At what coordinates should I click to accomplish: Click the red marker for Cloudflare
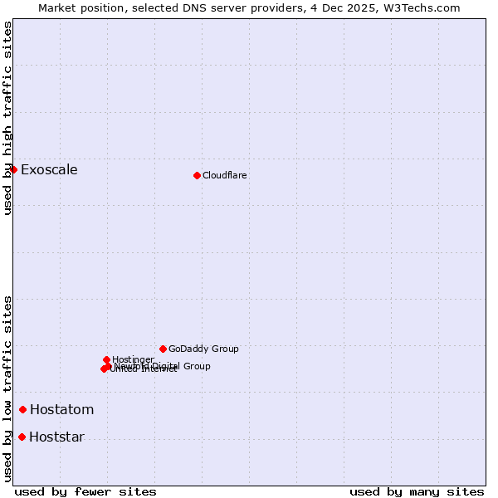tap(197, 175)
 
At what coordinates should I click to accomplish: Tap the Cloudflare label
tap(225, 175)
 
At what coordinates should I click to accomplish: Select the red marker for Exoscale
tap(13, 169)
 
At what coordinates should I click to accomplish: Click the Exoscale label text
tap(49, 170)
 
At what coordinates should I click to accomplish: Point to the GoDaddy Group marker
tap(163, 349)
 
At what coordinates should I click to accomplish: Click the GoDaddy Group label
tap(203, 349)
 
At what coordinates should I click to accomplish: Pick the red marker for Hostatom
tap(23, 409)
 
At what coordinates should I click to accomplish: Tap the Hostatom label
tap(62, 410)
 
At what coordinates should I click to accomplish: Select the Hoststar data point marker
tap(22, 437)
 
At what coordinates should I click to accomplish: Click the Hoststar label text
tap(56, 437)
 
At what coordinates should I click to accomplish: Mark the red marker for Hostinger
tap(107, 359)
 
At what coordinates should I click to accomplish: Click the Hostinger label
tap(133, 359)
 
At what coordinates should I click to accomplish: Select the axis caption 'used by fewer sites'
tap(85, 491)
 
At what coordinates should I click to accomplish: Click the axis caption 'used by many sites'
tap(417, 491)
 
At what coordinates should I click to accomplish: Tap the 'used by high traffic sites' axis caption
tap(7, 118)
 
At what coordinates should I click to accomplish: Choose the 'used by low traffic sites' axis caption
tap(7, 388)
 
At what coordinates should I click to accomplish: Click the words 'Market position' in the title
tap(78, 7)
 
